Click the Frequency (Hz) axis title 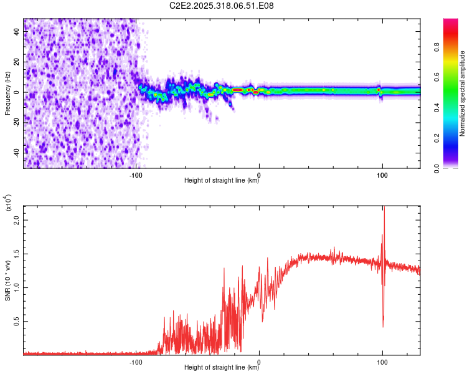pyautogui.click(x=7, y=93)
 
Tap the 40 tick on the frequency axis pyautogui.click(x=17, y=32)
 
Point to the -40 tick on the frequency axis pyautogui.click(x=17, y=153)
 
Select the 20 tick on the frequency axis pyautogui.click(x=17, y=62)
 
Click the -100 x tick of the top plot pyautogui.click(x=136, y=175)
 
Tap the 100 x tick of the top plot pyautogui.click(x=382, y=175)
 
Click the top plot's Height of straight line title pyautogui.click(x=222, y=181)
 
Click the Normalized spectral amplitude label pyautogui.click(x=462, y=93)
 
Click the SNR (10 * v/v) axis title pyautogui.click(x=7, y=280)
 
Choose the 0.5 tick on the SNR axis pyautogui.click(x=16, y=322)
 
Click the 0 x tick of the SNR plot pyautogui.click(x=259, y=362)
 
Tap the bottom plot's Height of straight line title pyautogui.click(x=222, y=368)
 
